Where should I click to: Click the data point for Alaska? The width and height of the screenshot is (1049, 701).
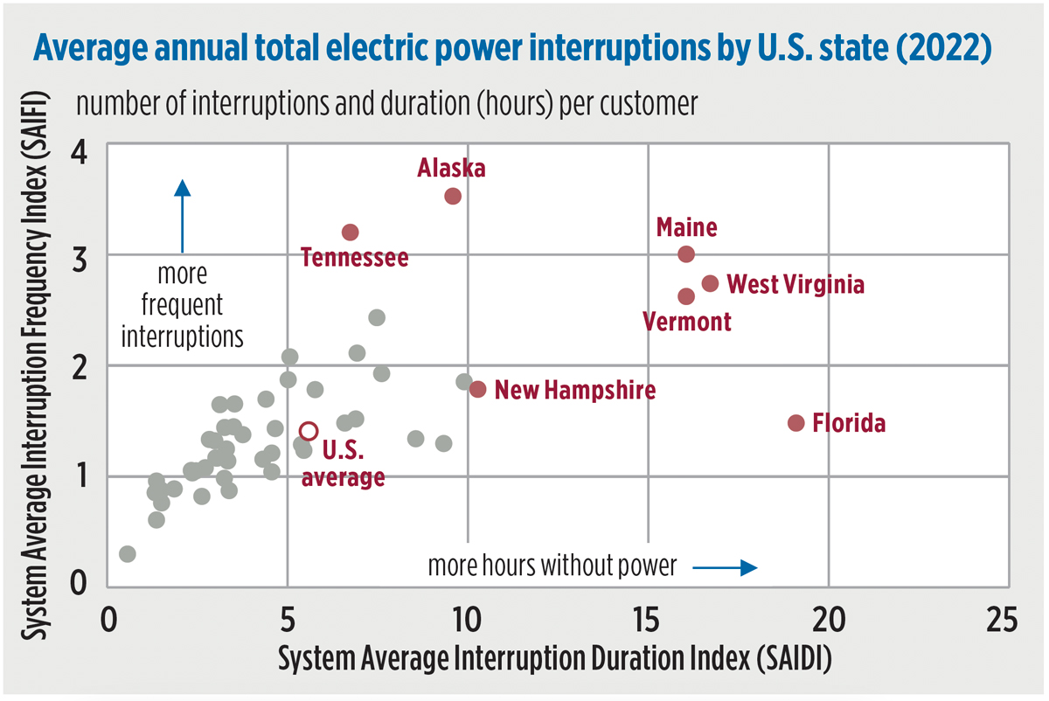coord(453,196)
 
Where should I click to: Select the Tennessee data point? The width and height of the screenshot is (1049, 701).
coord(351,232)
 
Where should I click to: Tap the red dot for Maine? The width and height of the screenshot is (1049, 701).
coord(686,254)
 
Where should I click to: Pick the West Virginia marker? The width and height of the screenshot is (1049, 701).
coord(710,283)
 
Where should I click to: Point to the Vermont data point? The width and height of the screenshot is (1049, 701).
coord(686,296)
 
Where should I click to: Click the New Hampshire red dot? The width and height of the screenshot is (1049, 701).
coord(477,389)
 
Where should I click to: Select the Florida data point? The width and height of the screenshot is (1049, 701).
coord(796,423)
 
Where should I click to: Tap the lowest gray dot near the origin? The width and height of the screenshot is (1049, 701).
coord(128,554)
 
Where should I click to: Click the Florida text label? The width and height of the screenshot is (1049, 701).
coord(849,423)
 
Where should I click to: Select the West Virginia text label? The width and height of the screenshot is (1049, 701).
coord(795,284)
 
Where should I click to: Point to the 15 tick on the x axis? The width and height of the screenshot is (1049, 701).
coord(647,620)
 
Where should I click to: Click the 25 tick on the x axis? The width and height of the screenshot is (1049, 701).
coord(1002,620)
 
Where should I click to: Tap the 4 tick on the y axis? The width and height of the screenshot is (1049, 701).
coord(80,152)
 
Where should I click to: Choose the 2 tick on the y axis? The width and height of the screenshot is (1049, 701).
coord(80,368)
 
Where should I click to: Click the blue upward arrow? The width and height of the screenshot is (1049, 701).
coord(182,216)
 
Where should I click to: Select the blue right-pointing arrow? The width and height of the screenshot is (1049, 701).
coord(725,568)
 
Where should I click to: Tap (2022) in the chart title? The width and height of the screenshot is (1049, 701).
coord(943,48)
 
